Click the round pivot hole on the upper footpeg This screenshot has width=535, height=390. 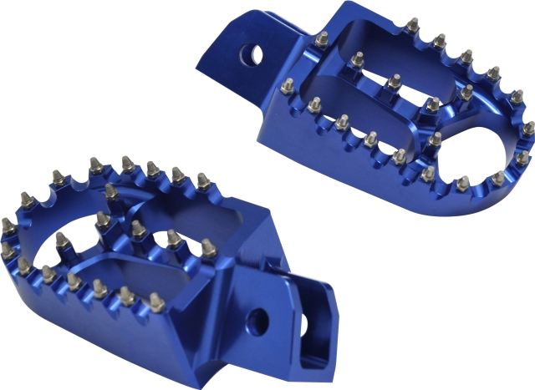(x=253, y=54)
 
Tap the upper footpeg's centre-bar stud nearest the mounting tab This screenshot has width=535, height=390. (x=358, y=59)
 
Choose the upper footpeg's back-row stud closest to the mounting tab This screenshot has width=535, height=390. (x=323, y=38)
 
